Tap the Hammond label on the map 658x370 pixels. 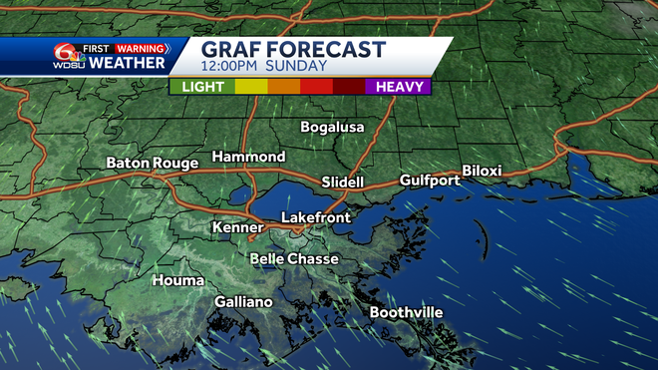(248, 158)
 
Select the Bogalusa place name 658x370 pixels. (333, 128)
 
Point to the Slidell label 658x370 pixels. (343, 183)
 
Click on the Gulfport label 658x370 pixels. (430, 181)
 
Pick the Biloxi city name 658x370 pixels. (482, 172)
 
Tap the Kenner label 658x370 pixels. (237, 228)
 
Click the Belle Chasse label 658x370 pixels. (293, 259)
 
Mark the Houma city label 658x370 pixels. (178, 281)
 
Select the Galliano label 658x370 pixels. (243, 302)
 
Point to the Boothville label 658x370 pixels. (406, 313)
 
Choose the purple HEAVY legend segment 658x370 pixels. (398, 87)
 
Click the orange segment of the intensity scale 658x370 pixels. (284, 87)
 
